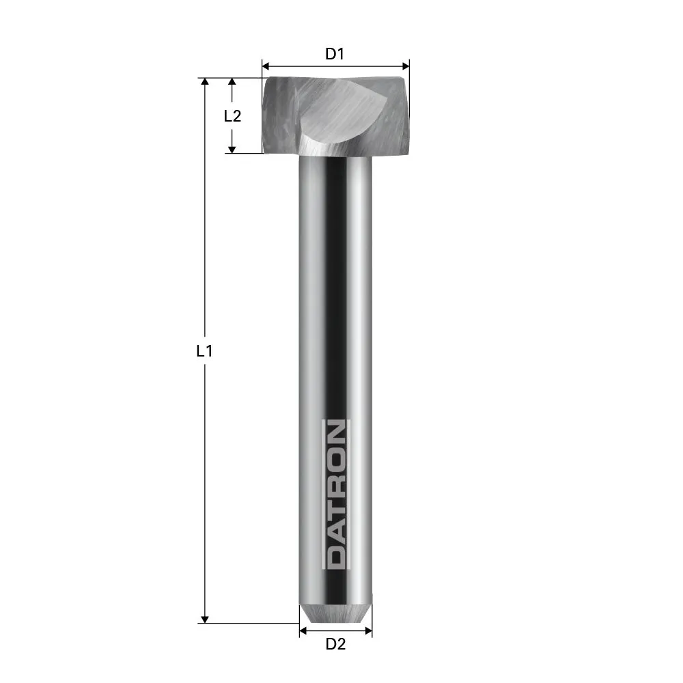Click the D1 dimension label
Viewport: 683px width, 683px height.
pyautogui.click(x=334, y=54)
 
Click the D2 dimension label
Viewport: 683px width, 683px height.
pyautogui.click(x=335, y=643)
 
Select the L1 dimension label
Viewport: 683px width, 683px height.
pyautogui.click(x=204, y=351)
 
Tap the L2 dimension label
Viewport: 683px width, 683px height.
pyautogui.click(x=233, y=115)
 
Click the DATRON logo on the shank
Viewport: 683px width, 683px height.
pyautogui.click(x=335, y=495)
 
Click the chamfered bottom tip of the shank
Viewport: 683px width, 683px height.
pyautogui.click(x=335, y=613)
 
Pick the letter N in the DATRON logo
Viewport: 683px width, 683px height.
pyautogui.click(x=335, y=435)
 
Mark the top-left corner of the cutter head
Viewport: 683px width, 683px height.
pyautogui.click(x=265, y=79)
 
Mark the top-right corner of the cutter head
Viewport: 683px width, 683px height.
pyautogui.click(x=408, y=79)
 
